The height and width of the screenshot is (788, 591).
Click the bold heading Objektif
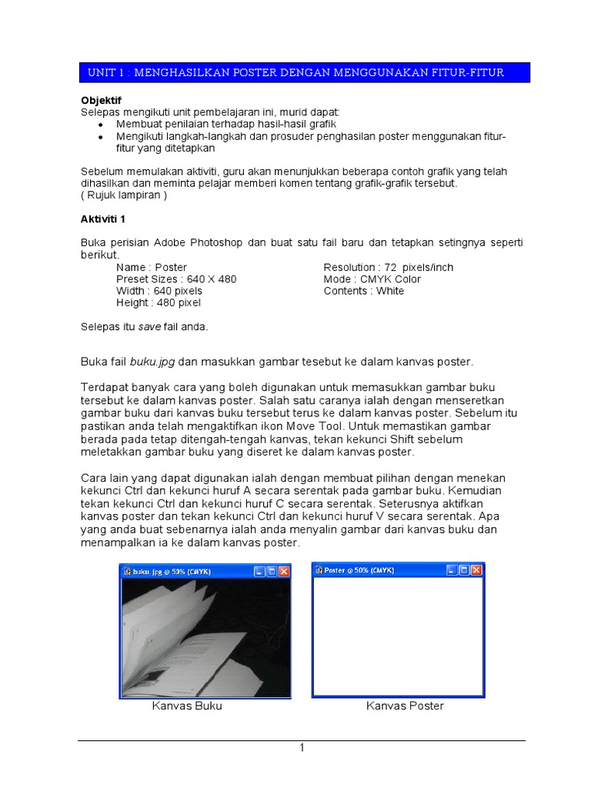102,101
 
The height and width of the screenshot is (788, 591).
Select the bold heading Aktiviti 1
104,219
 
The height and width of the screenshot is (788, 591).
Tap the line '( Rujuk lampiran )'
124,195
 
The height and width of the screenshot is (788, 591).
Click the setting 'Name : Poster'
152,267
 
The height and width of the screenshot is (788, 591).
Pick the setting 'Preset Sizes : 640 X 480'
176,279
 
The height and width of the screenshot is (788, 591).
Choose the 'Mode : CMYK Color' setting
372,279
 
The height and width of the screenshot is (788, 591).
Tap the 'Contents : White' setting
364,291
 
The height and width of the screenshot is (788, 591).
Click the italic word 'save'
149,327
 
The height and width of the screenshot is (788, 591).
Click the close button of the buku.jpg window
283,572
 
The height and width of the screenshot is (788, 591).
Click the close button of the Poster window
476,570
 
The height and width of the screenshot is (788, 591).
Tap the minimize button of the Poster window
450,570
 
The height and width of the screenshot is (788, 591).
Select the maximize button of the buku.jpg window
271,572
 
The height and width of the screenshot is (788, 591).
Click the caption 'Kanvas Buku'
187,706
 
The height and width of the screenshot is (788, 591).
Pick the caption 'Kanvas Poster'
405,706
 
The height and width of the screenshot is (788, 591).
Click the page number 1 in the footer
302,748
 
